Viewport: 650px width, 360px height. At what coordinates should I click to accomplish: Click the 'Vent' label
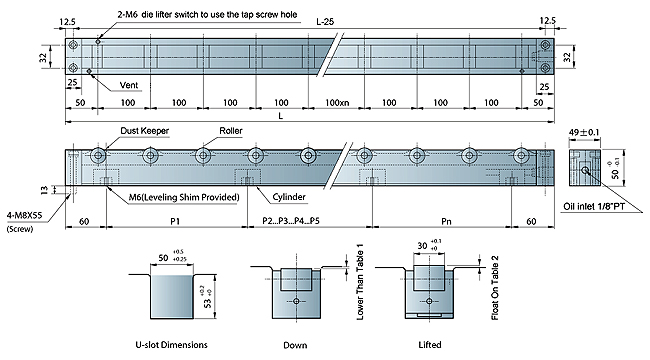(129, 85)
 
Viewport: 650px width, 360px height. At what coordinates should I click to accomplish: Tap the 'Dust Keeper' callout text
(145, 131)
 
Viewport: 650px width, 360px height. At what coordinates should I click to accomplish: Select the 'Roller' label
(231, 131)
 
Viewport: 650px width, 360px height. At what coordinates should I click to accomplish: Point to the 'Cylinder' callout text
(289, 197)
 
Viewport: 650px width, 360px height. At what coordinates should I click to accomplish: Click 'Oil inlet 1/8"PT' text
(594, 206)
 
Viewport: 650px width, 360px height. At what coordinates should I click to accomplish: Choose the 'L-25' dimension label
(325, 22)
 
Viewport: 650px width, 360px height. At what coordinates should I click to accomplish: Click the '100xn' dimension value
(337, 102)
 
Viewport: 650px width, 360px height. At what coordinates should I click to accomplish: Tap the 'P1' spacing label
(175, 221)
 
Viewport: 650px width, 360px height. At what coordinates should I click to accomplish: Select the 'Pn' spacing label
(446, 221)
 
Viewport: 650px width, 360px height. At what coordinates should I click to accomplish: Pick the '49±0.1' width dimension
(584, 132)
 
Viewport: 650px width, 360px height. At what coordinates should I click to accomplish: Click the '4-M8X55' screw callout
(24, 216)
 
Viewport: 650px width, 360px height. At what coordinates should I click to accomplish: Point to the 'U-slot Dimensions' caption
(172, 345)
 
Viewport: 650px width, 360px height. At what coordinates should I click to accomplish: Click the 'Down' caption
(295, 345)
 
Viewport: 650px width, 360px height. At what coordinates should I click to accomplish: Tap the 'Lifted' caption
(430, 345)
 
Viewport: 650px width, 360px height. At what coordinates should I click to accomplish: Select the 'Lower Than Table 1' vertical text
(360, 282)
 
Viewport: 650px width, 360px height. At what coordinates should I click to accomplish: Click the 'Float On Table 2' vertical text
(495, 287)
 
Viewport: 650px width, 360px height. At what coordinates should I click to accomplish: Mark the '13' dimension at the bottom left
(44, 190)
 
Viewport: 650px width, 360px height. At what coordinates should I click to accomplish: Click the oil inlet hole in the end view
(585, 170)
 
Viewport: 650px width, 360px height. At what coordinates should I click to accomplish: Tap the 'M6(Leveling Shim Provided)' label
(184, 197)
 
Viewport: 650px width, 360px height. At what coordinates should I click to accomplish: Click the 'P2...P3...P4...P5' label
(291, 221)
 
